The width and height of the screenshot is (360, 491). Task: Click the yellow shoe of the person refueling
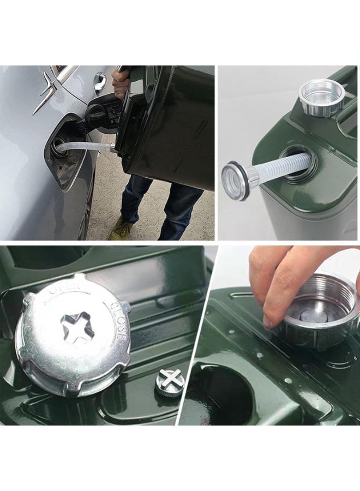pyautogui.click(x=121, y=229)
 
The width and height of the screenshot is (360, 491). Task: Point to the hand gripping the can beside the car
pyautogui.click(x=121, y=80)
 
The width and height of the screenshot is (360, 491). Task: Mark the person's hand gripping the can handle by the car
pyautogui.click(x=121, y=80)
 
